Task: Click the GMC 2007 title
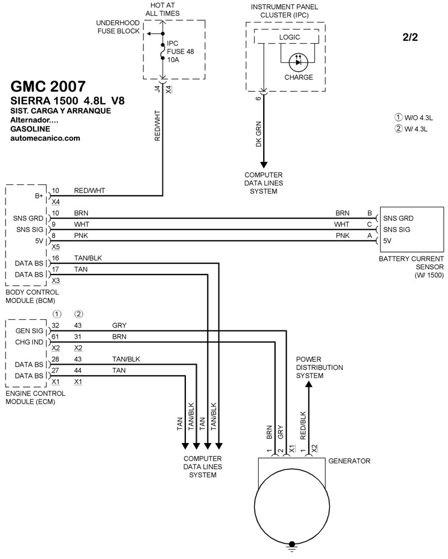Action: [x=48, y=86]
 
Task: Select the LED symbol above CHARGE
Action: [x=298, y=62]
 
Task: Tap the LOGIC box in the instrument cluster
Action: [x=290, y=37]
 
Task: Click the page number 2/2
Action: [x=409, y=38]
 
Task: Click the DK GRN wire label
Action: [x=258, y=135]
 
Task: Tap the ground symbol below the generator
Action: [x=291, y=545]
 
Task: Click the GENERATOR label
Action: [x=349, y=461]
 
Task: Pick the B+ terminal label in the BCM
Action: [x=39, y=196]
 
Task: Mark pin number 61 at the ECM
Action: [x=55, y=337]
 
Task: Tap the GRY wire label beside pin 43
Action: [x=119, y=325]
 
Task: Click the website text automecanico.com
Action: [x=45, y=138]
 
